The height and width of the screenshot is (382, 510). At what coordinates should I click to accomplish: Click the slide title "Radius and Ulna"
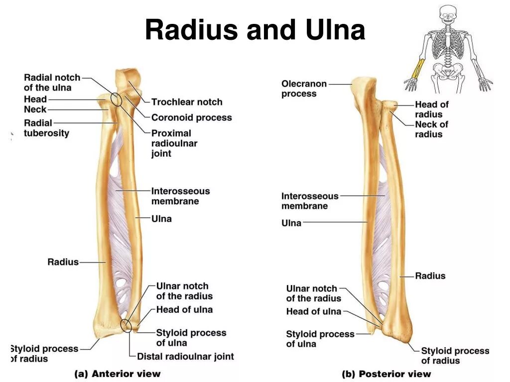point(255,31)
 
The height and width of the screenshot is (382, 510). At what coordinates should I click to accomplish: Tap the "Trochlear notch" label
point(187,102)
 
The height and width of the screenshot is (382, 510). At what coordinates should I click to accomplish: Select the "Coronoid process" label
point(191,118)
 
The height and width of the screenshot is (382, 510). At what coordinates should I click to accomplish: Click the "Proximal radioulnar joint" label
point(174,143)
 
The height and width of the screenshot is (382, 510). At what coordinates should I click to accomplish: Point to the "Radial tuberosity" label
point(46,128)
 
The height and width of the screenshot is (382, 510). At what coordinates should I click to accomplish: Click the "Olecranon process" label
point(304,89)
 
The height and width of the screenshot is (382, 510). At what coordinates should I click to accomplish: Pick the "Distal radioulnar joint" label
point(185,356)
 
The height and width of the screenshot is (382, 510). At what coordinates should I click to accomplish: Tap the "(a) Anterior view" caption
point(118,374)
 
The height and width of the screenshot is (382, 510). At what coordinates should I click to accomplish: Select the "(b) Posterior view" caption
point(386,374)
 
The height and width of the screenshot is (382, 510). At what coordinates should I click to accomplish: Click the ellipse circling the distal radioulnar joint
point(127,326)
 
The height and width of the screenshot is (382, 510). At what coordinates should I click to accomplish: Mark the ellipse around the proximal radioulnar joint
point(117,98)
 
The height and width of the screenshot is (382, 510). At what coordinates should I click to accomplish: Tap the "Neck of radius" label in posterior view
point(431,129)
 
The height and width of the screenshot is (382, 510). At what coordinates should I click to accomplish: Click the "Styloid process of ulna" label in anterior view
point(191,338)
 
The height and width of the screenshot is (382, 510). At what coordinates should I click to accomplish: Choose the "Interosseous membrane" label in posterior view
point(309,201)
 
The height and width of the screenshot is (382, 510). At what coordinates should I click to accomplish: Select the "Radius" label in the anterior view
point(63,262)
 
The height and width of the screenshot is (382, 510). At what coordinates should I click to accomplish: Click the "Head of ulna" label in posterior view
point(313,312)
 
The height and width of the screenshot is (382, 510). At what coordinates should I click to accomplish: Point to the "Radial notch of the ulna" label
point(52,83)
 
